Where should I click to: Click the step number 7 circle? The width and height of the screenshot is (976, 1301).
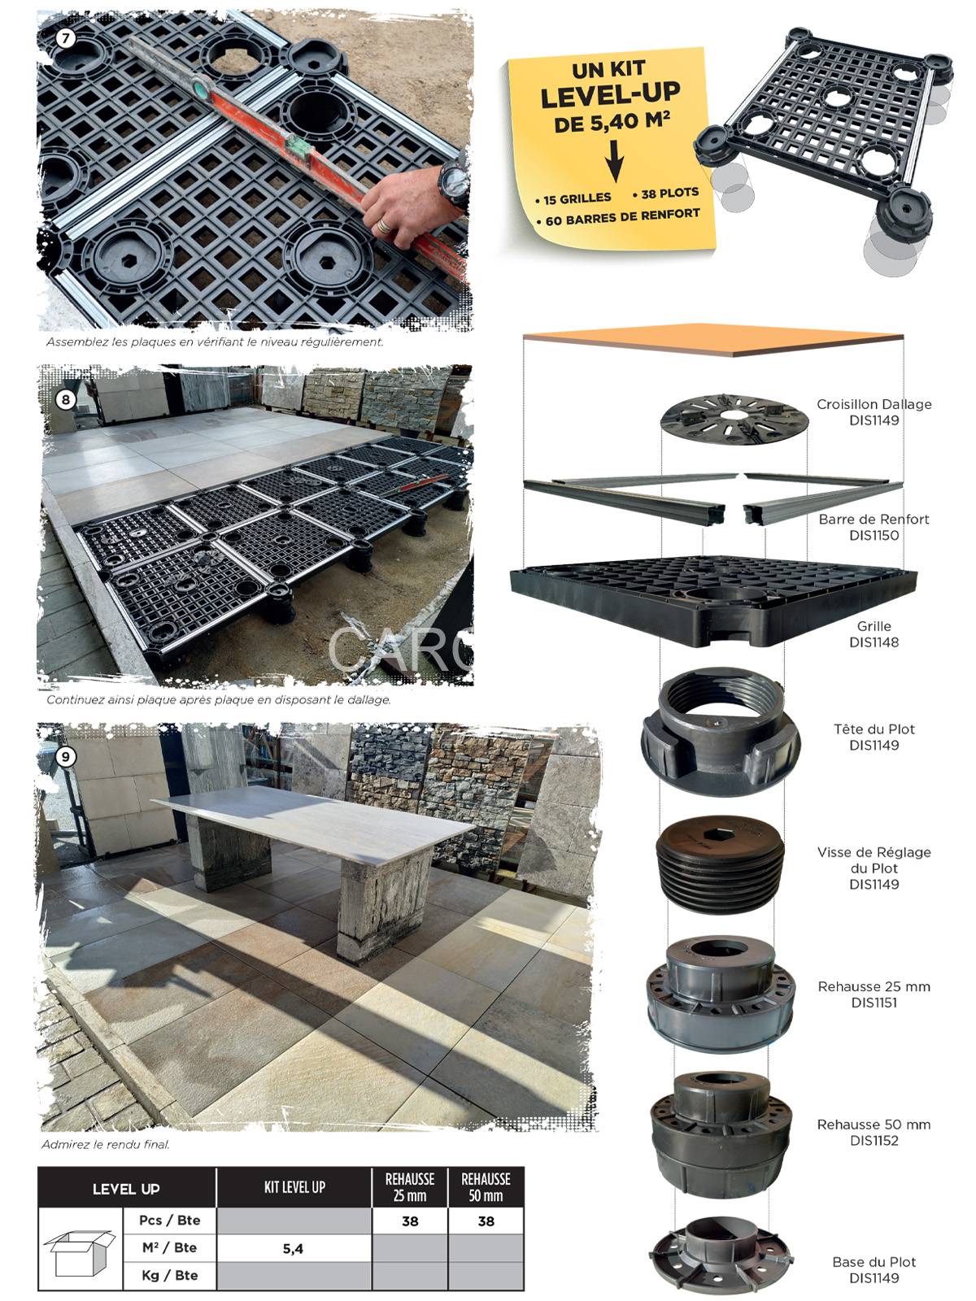point(65,38)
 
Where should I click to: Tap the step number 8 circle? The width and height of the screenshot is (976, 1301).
point(65,399)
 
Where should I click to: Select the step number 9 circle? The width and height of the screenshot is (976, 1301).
point(65,757)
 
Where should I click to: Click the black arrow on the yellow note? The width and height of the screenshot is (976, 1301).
point(615,161)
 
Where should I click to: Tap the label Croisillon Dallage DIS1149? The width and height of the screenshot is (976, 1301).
point(874,412)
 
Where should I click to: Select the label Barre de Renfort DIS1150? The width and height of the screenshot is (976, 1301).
point(874,527)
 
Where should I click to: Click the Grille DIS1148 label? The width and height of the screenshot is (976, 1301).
point(874,633)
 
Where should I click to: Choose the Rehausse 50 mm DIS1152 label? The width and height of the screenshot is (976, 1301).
point(874,1132)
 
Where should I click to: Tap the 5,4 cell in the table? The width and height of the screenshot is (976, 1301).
point(294,1249)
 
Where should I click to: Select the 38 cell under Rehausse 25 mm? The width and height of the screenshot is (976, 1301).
point(409,1221)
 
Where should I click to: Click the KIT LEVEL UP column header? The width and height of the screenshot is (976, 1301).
point(294,1186)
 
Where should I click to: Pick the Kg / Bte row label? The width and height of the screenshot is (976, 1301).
point(169,1275)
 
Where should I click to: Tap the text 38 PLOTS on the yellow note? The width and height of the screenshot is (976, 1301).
point(665,194)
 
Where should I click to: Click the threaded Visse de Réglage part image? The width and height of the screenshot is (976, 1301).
point(720,867)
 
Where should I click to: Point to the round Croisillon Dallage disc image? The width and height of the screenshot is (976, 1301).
point(734,419)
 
